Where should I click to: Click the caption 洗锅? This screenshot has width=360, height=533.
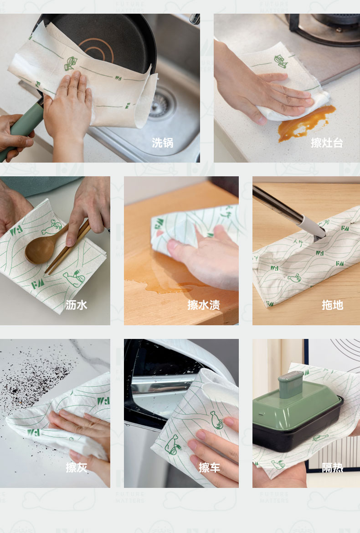coord(163,143)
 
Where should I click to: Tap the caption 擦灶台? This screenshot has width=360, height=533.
coord(327,143)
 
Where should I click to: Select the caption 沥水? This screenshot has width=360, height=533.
coord(77,305)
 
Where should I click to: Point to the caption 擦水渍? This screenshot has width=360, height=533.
coord(204,305)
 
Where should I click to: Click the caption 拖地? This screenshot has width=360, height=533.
coord(333,305)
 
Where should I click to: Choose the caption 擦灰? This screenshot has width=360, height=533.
coord(77,467)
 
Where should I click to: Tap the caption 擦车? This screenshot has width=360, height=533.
coord(210,467)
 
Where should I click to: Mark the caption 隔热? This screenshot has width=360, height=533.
coord(333,467)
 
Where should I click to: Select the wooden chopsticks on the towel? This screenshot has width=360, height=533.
coord(68,246)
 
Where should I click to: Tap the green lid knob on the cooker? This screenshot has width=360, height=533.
coord(291,384)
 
